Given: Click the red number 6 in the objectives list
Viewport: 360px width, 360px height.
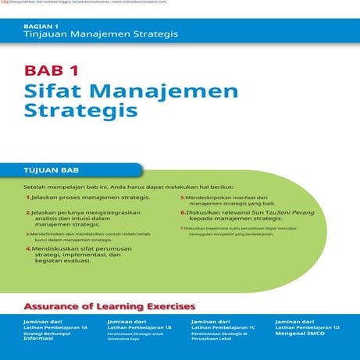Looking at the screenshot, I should click(x=183, y=212).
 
